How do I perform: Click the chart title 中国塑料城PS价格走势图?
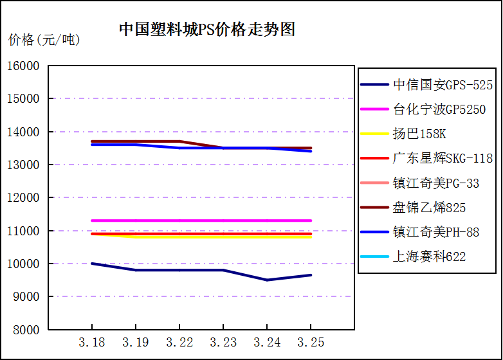pyautogui.click(x=207, y=30)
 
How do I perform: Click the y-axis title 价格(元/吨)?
pyautogui.click(x=44, y=40)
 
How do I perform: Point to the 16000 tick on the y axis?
pyautogui.click(x=24, y=66)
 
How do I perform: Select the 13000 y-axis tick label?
pyautogui.click(x=24, y=165)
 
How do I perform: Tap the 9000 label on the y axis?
pyautogui.click(x=26, y=296)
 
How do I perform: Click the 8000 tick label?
pyautogui.click(x=26, y=330)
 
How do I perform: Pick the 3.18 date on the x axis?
pyautogui.click(x=91, y=341)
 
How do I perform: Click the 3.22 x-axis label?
pyautogui.click(x=179, y=341)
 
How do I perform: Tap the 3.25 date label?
pyautogui.click(x=311, y=341)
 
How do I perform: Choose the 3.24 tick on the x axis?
pyautogui.click(x=267, y=341)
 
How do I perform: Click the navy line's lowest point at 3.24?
pyautogui.click(x=267, y=280)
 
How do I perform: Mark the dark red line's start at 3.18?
pyautogui.click(x=92, y=141)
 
